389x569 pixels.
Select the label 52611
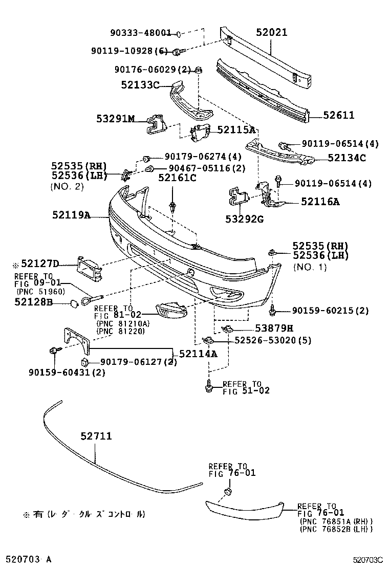(x=338, y=116)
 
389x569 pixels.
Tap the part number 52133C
(x=140, y=85)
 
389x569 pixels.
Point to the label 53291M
(x=115, y=119)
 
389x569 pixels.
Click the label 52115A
(x=236, y=130)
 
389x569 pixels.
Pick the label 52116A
(x=320, y=202)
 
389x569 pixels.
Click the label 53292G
(x=244, y=219)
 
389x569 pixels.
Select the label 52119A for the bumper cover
(x=71, y=215)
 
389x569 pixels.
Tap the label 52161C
(x=177, y=178)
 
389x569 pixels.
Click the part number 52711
(x=96, y=436)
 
